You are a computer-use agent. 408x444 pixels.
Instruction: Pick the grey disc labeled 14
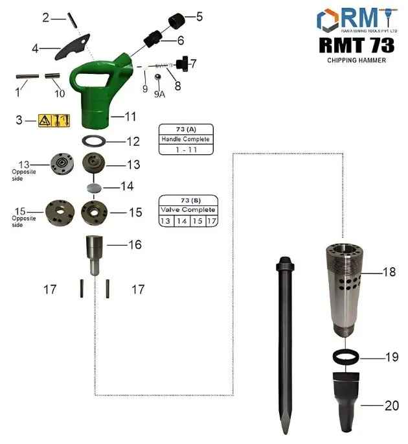(95, 187)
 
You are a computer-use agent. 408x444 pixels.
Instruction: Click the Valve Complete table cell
(188, 210)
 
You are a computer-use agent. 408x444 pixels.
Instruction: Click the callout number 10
(60, 93)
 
